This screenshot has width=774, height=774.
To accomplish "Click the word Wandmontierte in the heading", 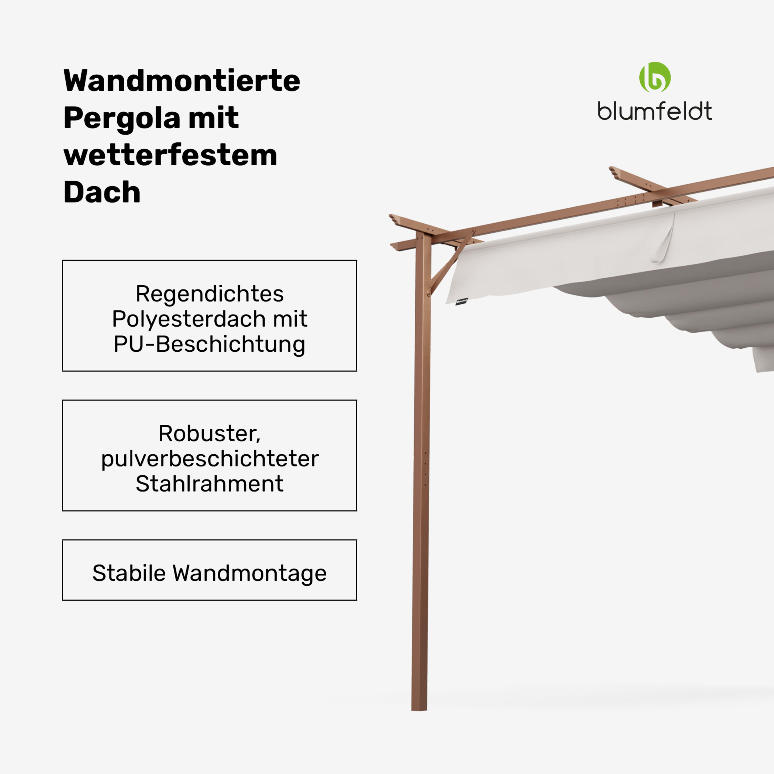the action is [181, 81].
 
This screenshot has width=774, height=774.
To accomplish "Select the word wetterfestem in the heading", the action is [170, 155].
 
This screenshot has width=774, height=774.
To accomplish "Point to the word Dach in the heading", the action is [102, 192].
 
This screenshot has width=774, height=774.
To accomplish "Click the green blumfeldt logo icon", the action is [655, 77].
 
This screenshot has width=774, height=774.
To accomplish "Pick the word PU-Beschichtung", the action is [209, 344].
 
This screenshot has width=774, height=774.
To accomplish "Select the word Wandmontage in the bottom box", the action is [249, 573].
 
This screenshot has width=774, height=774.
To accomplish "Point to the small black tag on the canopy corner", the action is [462, 301].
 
